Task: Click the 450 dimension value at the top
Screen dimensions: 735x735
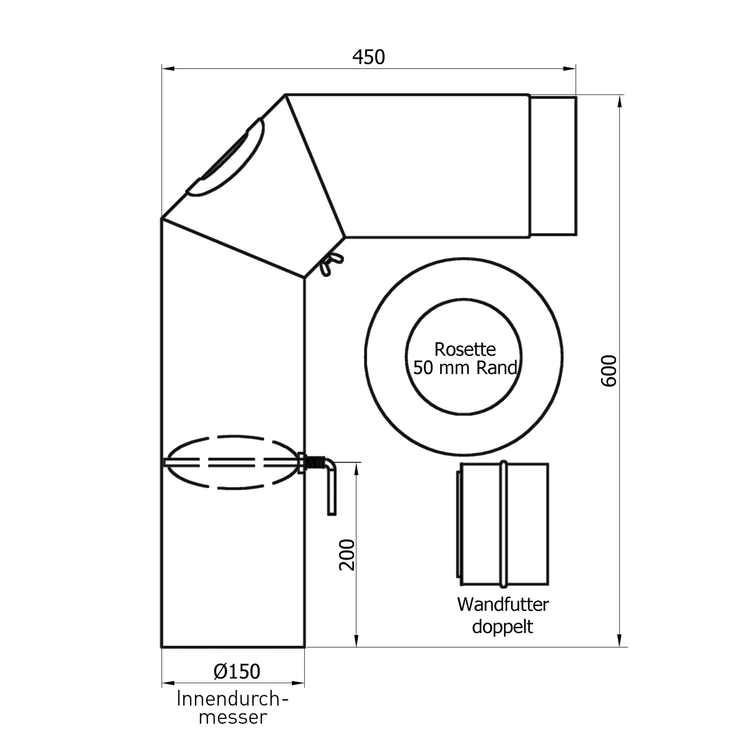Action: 368,57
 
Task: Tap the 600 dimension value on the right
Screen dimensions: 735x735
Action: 609,371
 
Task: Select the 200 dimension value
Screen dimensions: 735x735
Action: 347,555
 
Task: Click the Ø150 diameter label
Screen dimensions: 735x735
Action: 237,671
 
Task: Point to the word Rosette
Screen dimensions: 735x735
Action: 465,349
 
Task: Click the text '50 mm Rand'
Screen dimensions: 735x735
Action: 465,367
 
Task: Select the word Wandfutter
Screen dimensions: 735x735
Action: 503,604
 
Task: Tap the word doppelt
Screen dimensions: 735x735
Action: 502,627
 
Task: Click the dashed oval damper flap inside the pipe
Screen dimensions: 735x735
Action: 230,462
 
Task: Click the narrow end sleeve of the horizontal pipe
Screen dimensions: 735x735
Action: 553,166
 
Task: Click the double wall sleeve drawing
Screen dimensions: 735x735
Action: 503,524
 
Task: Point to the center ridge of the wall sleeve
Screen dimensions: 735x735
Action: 503,524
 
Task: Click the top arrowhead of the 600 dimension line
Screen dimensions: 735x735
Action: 620,101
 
